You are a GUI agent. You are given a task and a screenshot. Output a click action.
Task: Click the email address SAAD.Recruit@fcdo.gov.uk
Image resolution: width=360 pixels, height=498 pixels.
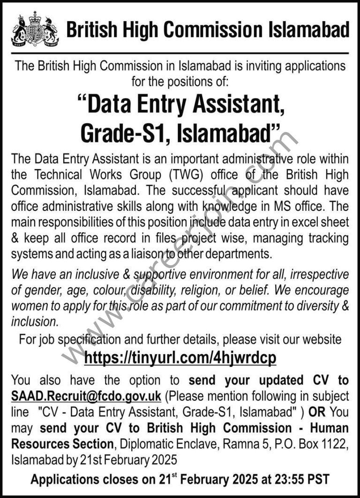click(x=86, y=396)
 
